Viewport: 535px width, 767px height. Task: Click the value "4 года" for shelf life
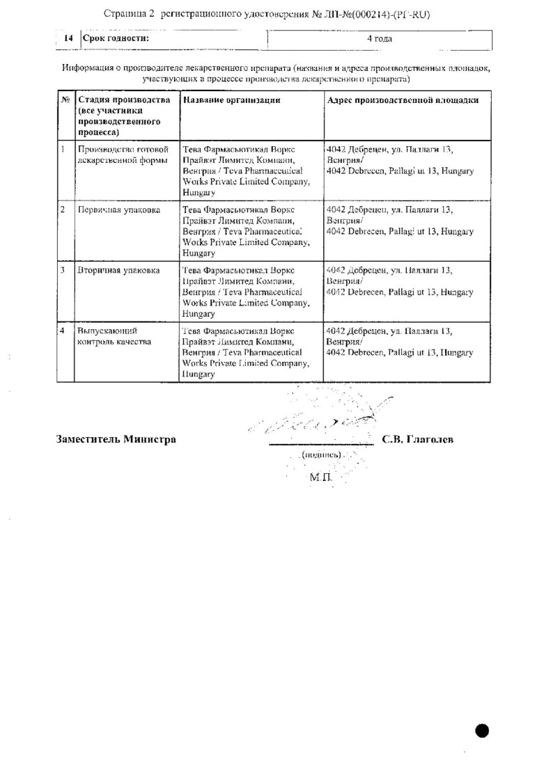pos(380,38)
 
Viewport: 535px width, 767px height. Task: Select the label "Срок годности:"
pos(116,38)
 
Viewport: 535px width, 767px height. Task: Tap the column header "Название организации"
pos(231,100)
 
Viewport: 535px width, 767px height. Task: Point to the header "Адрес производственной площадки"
pos(402,100)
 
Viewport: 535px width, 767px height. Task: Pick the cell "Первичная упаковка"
pos(119,209)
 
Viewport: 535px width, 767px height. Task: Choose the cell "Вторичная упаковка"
pos(119,270)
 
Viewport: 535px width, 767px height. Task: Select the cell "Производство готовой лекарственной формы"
pos(123,155)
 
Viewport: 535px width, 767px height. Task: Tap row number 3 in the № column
pos(63,270)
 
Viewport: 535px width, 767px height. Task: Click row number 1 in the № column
pos(63,149)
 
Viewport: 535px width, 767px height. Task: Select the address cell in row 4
pos(399,342)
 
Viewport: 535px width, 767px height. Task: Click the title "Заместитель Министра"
pos(116,439)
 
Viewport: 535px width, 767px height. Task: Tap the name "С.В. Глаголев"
pos(418,439)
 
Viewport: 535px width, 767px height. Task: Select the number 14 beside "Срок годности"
pos(68,38)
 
